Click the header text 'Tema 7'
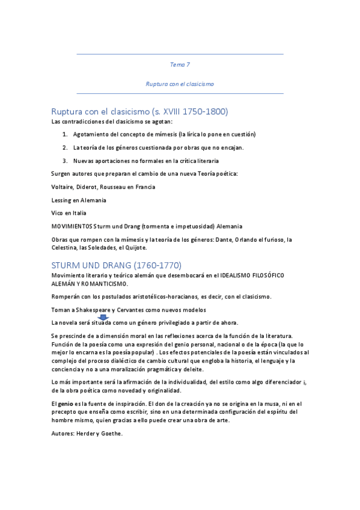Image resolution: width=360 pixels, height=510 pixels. pyautogui.click(x=180, y=64)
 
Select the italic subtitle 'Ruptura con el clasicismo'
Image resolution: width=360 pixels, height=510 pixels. pyautogui.click(x=180, y=84)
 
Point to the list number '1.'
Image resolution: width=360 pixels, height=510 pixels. pyautogui.click(x=65, y=134)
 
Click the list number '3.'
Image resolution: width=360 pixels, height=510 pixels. pyautogui.click(x=65, y=161)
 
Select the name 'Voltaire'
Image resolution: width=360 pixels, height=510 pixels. pyautogui.click(x=64, y=187)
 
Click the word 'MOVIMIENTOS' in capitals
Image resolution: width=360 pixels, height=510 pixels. pyautogui.click(x=72, y=226)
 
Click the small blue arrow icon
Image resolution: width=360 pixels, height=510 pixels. pyautogui.click(x=103, y=317)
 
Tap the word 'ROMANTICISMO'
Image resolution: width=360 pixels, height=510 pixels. pyautogui.click(x=100, y=283)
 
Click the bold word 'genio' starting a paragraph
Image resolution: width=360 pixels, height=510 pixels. pyautogui.click(x=66, y=402)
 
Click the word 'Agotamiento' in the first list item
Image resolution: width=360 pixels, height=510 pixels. pyautogui.click(x=92, y=134)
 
